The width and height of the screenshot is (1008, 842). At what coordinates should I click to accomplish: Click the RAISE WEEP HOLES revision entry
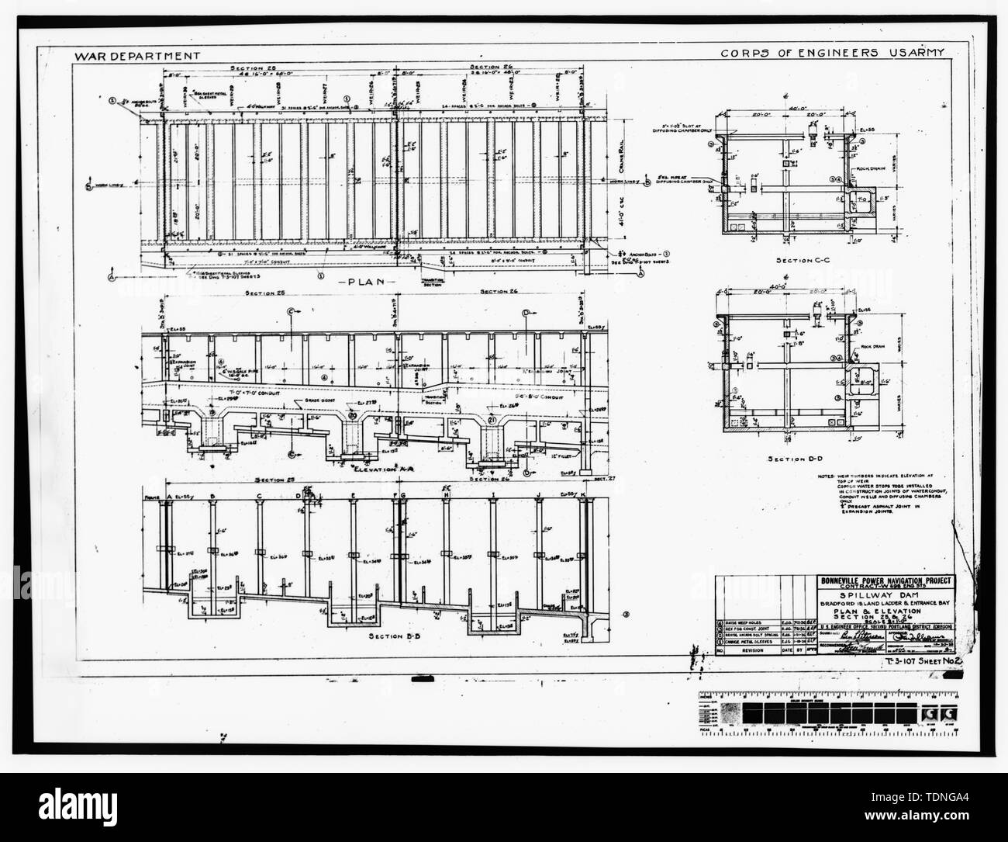click(x=751, y=622)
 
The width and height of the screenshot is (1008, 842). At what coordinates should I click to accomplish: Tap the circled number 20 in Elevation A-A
click(x=351, y=414)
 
